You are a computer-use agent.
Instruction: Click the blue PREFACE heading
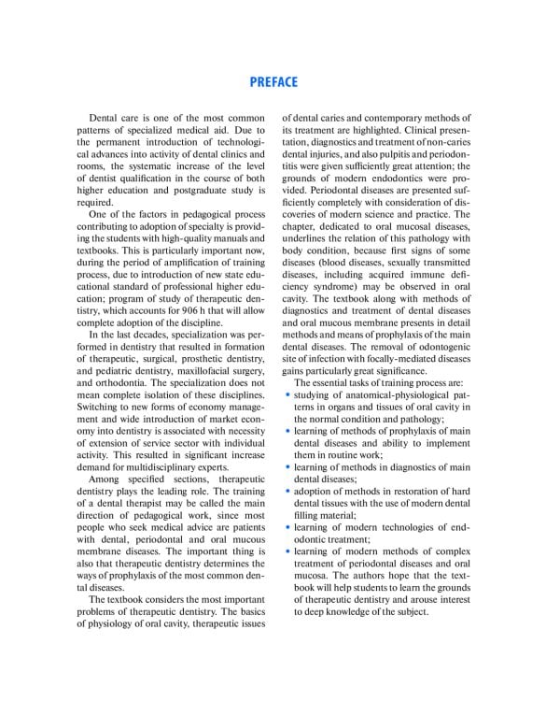(273, 82)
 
